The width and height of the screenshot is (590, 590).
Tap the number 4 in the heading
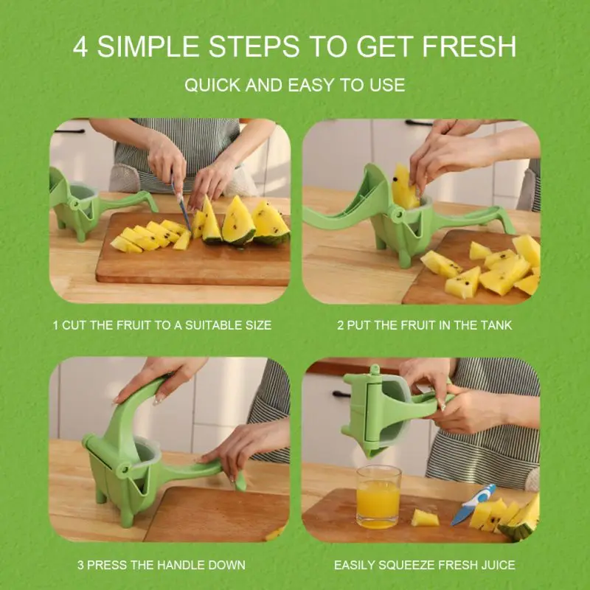click(82, 46)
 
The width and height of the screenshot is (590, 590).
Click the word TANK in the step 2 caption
click(495, 324)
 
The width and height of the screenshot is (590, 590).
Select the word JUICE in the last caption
click(496, 565)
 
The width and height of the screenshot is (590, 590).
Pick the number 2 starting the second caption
click(341, 324)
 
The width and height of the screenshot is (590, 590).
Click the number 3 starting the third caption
click(81, 565)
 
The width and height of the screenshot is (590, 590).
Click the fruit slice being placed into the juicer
click(404, 187)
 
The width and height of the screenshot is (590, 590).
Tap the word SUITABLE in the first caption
click(206, 324)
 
